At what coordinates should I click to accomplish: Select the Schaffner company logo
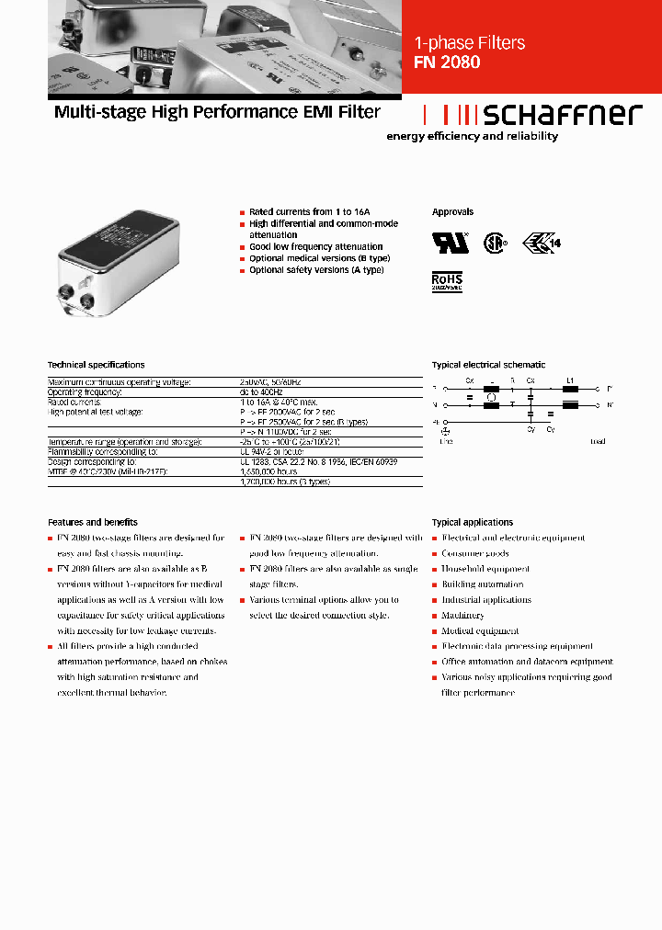531,114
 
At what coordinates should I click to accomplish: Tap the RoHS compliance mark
447,280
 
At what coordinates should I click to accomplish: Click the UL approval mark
450,243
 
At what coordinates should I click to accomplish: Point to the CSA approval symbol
496,244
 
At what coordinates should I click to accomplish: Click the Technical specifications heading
96,365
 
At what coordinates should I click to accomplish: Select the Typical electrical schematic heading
488,365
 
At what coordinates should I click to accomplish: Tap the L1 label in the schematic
570,380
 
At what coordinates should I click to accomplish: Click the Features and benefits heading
92,522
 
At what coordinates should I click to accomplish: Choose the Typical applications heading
472,522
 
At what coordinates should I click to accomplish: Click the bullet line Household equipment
485,569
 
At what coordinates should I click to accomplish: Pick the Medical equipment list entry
480,631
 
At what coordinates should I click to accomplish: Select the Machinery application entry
462,616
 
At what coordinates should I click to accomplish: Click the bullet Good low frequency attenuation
315,246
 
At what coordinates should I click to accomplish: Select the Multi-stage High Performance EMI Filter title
217,112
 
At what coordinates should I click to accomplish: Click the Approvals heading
452,211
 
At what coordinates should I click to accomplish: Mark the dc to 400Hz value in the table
260,392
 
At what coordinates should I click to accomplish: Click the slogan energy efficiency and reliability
472,136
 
